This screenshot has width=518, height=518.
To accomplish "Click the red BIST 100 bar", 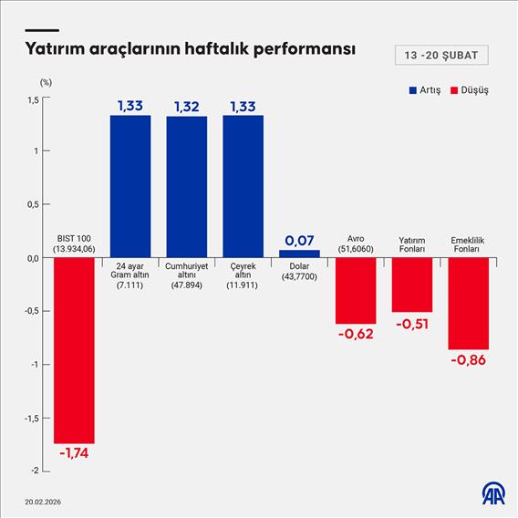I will pos(74,350).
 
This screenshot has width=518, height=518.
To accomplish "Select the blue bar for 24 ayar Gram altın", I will pos(130,186).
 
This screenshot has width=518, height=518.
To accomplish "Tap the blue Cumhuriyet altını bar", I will pos(186,187).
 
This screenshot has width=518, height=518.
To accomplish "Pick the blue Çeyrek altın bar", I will pos(243,186).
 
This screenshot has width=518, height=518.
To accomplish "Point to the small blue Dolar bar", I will pos(299,254).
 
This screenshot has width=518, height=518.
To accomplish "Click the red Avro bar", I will pos(356,291).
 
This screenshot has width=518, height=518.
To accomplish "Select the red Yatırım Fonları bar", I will pos(412,285).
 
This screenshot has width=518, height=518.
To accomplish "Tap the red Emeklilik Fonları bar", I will pos(468,304).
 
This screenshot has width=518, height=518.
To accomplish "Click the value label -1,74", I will pos(74,454).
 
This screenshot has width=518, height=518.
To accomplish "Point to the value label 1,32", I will pos(186,107).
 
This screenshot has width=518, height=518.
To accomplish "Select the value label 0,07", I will pos(299,240).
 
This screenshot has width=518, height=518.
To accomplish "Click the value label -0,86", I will pos(468,360).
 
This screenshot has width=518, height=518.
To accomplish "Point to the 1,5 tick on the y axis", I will pos(33,99).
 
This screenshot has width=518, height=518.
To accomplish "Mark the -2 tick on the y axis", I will pos(35,471).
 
